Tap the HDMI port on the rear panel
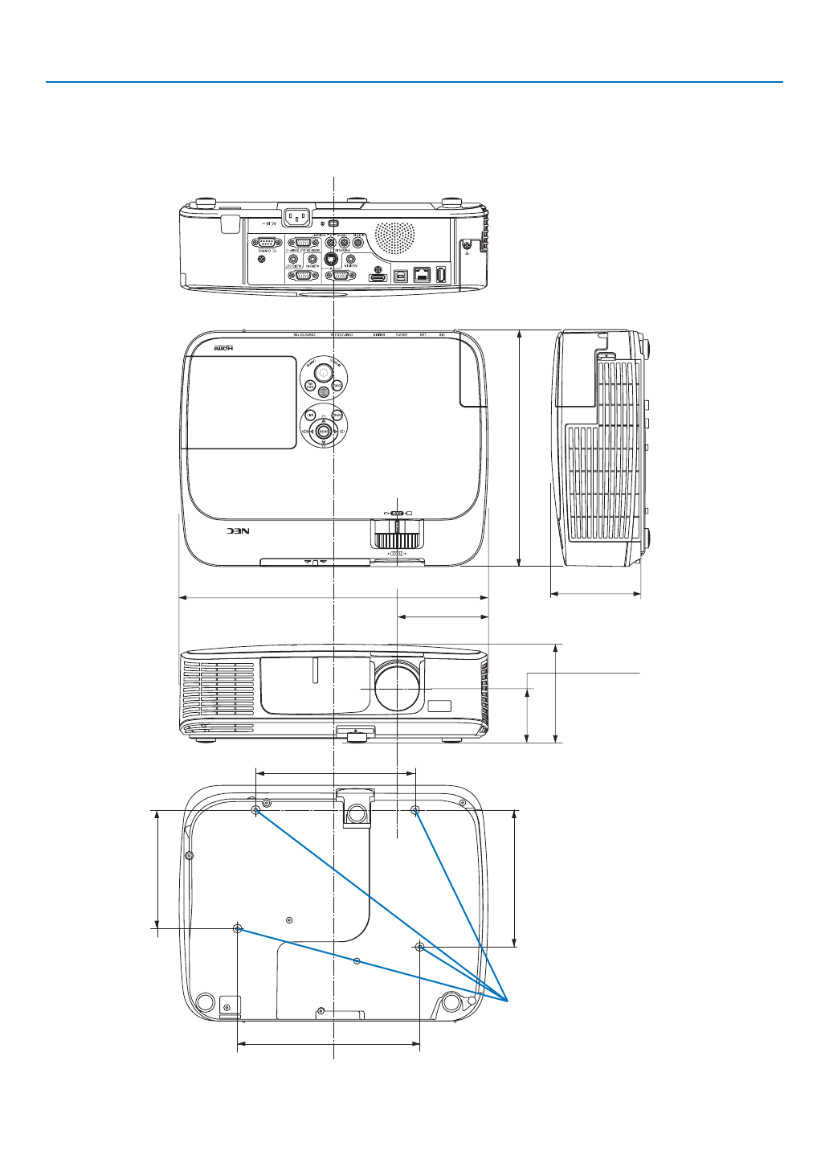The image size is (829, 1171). point(378,277)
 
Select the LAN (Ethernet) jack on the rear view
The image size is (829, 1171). point(422,274)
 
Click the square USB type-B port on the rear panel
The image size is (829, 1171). point(401,275)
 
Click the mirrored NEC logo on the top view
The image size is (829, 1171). point(239,531)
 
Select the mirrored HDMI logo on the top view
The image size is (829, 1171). point(227,349)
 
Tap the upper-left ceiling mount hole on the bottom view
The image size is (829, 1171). point(256,810)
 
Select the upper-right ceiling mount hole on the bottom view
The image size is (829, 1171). point(415,810)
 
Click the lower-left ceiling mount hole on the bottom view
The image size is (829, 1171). point(237,929)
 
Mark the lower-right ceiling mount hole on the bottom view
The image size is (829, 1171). point(420,948)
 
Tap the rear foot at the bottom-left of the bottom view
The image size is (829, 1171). point(205,1002)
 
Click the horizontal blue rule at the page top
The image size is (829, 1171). point(414,82)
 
